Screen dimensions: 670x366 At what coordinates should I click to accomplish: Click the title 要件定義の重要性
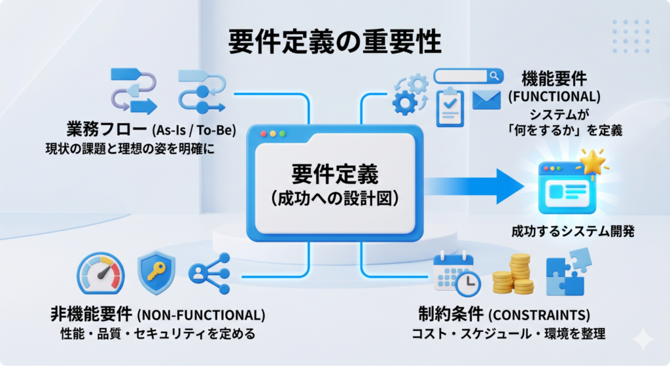tap(334, 41)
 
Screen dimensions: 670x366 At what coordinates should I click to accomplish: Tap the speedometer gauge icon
tap(101, 273)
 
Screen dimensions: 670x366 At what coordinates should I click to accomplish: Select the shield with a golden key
tap(156, 272)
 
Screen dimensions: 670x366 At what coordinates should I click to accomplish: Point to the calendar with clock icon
tap(456, 274)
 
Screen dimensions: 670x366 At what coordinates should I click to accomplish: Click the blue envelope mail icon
tap(486, 100)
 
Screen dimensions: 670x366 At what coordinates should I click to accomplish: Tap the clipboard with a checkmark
tap(450, 107)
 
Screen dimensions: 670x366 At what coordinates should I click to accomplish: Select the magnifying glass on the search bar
tap(495, 76)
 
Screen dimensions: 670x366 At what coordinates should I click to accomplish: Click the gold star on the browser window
tap(591, 162)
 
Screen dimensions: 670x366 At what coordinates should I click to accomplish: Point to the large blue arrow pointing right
tap(474, 187)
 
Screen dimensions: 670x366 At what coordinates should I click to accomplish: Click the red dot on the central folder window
tap(263, 134)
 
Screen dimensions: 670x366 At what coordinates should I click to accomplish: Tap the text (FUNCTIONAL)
tap(554, 97)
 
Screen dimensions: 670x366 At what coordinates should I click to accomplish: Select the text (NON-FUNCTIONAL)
tap(201, 315)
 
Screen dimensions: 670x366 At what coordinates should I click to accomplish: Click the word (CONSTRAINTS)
tap(539, 315)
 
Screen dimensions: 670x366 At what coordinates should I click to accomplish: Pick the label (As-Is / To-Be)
tap(194, 130)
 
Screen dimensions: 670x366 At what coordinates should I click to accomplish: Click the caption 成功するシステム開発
tap(573, 231)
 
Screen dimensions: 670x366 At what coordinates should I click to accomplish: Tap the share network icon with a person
tap(209, 273)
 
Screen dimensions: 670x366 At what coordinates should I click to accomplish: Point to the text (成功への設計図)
tap(334, 198)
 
